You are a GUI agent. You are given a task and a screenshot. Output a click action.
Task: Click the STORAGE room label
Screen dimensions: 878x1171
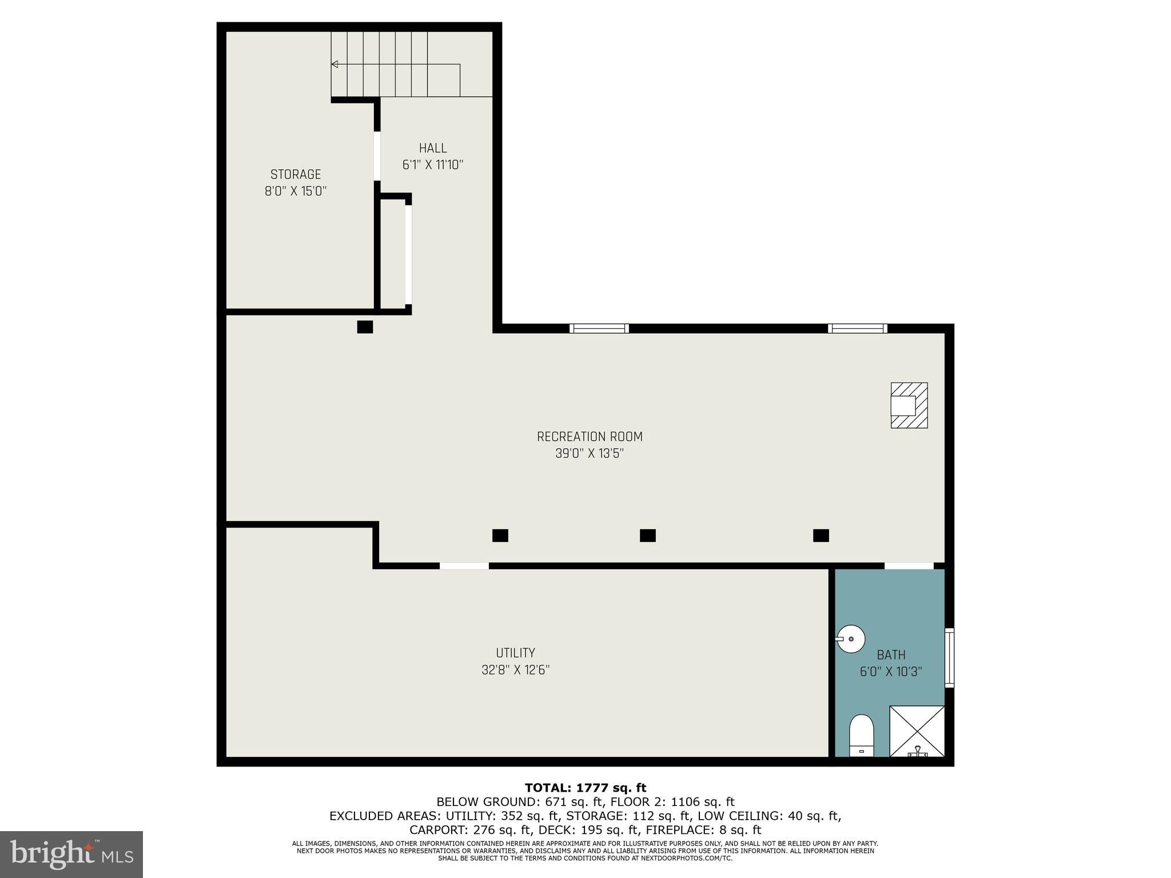[x=296, y=174]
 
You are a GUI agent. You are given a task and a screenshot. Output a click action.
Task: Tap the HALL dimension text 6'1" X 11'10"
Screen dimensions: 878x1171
[x=432, y=165]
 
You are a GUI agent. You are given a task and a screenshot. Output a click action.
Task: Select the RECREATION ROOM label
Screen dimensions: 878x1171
[x=590, y=437]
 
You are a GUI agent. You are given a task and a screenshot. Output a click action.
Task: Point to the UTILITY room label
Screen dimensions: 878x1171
[x=515, y=653]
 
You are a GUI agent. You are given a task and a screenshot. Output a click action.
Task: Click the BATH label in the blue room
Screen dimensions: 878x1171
[x=891, y=655]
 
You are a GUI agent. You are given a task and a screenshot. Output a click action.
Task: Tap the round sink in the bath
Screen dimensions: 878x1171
[x=851, y=638]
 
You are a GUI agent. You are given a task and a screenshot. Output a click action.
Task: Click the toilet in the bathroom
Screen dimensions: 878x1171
[x=861, y=735]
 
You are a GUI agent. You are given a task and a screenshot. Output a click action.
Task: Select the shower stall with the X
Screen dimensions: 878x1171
[x=917, y=731]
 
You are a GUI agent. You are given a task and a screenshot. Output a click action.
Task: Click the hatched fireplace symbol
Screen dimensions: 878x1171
[x=909, y=405]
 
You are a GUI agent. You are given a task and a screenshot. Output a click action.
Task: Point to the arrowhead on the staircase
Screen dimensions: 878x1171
[x=334, y=65]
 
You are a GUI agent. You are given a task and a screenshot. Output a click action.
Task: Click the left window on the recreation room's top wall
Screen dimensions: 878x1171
[x=599, y=328]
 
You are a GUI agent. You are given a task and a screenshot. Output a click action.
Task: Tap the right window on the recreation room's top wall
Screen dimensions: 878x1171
[x=857, y=328]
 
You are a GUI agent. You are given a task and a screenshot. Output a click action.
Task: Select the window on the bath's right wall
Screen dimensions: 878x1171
[x=949, y=657]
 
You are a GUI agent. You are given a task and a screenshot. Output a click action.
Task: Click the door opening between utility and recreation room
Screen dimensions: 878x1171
[x=464, y=566]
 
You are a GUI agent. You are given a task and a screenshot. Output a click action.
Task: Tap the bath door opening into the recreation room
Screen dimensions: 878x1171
[x=909, y=566]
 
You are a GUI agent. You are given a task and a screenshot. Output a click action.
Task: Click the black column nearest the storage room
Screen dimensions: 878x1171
[x=365, y=327]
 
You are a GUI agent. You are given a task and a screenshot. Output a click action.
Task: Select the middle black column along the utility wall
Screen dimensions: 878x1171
[x=647, y=536]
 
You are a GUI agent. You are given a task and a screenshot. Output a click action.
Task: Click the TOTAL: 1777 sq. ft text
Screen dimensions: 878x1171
[x=585, y=788]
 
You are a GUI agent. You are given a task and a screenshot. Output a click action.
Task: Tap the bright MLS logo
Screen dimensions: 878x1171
[x=71, y=855]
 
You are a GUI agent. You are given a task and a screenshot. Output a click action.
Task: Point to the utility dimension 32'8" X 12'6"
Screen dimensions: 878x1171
[x=515, y=670]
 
